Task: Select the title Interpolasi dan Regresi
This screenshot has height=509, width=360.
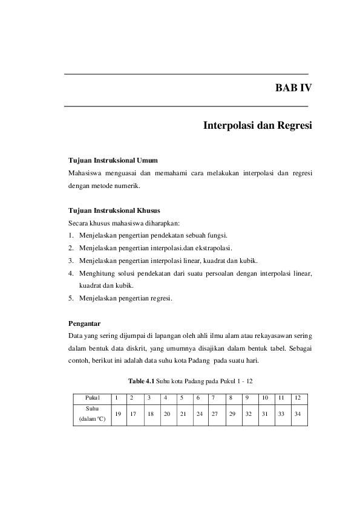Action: (x=258, y=127)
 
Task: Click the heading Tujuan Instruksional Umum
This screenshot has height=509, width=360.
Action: (x=113, y=161)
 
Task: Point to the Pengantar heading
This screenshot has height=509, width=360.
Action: (x=84, y=323)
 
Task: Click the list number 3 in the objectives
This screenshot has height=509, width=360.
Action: (x=71, y=261)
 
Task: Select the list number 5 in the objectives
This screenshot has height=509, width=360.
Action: (x=71, y=298)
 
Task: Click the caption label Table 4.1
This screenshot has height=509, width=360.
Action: (x=141, y=381)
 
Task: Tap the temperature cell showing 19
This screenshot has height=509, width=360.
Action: (x=117, y=414)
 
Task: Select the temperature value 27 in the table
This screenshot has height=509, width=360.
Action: (x=215, y=414)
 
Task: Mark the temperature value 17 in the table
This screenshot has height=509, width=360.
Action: (x=133, y=414)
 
